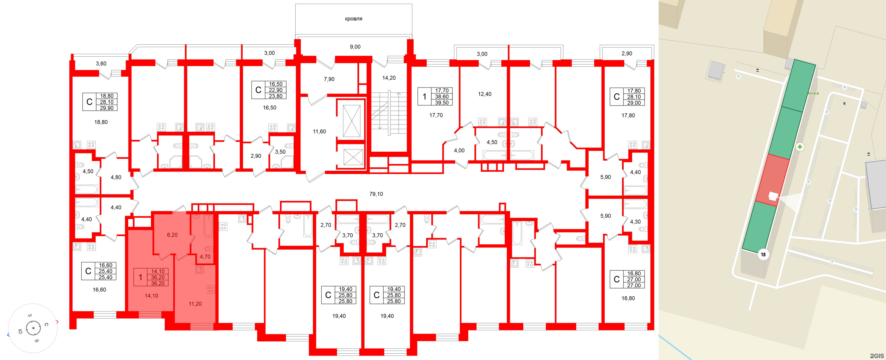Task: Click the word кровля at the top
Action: [353, 19]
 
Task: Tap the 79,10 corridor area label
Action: [376, 194]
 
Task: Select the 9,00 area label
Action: [355, 47]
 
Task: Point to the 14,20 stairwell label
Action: [389, 78]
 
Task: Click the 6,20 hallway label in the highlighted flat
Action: [172, 235]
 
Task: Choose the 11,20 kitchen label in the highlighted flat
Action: [195, 304]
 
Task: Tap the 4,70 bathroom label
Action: [205, 256]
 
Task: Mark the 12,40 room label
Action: [485, 94]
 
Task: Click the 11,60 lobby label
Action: [319, 132]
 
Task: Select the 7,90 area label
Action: [329, 79]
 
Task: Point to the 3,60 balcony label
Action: [101, 63]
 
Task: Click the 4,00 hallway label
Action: [459, 151]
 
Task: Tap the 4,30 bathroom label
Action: [635, 221]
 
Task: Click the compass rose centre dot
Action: [34, 328]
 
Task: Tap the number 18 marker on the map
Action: [763, 255]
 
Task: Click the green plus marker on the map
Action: [800, 147]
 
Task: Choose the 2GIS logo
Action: [877, 356]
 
